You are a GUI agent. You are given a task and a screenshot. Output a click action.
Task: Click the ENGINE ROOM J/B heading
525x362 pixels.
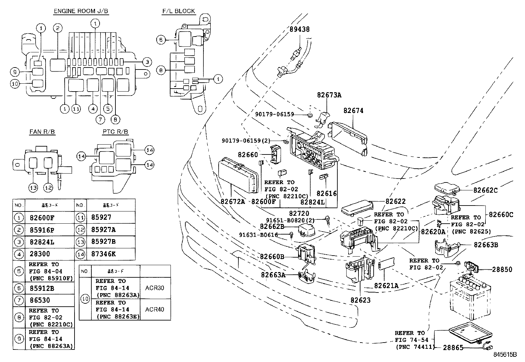coord(81,11)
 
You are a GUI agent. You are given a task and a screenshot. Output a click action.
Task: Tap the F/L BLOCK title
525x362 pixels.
coord(178,11)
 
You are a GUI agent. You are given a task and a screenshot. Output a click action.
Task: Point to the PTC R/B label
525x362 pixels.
coord(115,132)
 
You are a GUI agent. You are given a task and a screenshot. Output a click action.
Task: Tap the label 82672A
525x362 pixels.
coord(233,201)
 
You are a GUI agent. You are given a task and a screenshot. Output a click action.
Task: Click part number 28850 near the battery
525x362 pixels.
coord(502,269)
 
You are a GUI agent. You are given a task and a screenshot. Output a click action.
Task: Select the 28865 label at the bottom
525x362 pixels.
coord(453,348)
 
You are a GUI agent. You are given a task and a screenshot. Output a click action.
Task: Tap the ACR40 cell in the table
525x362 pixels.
coord(154,309)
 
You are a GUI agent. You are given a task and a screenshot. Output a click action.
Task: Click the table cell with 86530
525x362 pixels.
coord(40,300)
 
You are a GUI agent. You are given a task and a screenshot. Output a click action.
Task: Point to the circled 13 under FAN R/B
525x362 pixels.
coord(33,188)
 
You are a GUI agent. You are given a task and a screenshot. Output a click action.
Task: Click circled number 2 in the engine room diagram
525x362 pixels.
coord(57,28)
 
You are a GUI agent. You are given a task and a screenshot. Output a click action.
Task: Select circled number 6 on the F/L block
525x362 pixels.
coord(160,40)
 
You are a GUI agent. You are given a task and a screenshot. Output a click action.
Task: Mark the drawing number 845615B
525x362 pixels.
coord(505,354)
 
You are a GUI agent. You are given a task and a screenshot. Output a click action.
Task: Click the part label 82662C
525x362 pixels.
coord(485,190)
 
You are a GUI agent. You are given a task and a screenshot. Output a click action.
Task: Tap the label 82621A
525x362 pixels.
coord(386,286)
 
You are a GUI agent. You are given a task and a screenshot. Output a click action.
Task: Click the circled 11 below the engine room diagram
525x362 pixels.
coord(76,109)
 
